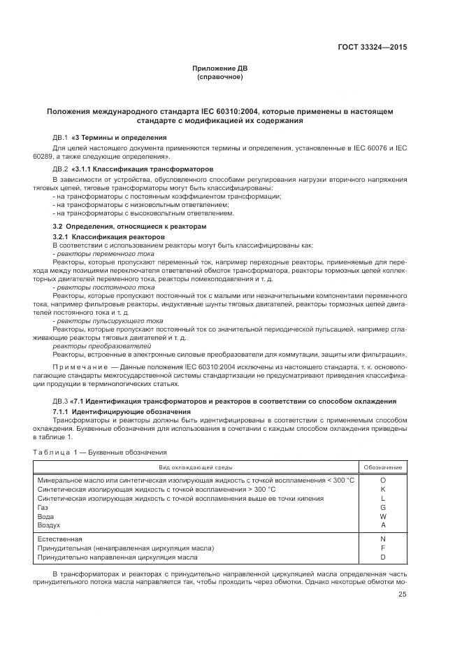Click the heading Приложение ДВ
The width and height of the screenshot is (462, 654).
[x=220, y=68]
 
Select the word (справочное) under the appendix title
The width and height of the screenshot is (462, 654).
[x=220, y=76]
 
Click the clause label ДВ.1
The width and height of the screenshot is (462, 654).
[x=60, y=137]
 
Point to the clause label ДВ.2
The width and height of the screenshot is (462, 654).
[x=60, y=169]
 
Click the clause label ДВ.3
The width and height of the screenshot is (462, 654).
[x=60, y=401]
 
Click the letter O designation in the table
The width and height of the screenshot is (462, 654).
[x=382, y=481]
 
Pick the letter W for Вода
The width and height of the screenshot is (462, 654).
[x=382, y=516]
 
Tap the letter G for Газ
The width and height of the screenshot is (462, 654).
[x=382, y=507]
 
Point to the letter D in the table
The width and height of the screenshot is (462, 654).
[x=382, y=557]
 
